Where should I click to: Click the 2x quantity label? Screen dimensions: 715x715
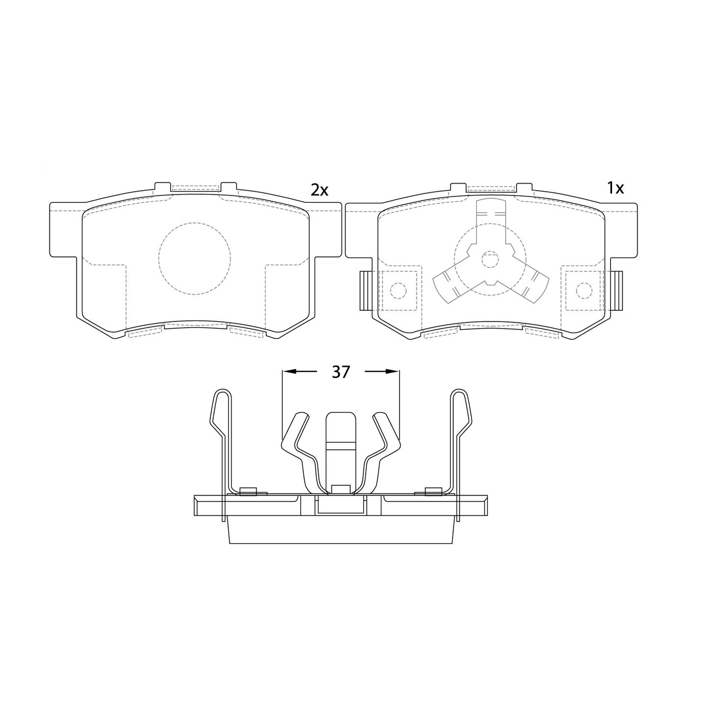[319, 190]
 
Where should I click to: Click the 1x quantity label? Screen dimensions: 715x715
[615, 188]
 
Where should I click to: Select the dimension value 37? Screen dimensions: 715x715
[340, 372]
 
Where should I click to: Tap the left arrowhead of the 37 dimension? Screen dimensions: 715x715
[288, 371]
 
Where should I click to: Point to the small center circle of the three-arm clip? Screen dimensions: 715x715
[490, 259]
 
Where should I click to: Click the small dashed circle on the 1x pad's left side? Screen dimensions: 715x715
[398, 290]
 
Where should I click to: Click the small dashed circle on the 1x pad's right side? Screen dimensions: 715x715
[584, 290]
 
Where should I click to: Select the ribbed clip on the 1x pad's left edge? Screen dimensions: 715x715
[366, 290]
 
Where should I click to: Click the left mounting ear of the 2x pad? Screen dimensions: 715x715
[63, 230]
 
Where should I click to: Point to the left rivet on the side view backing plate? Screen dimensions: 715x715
[248, 491]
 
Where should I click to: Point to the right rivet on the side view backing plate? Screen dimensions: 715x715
[433, 491]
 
